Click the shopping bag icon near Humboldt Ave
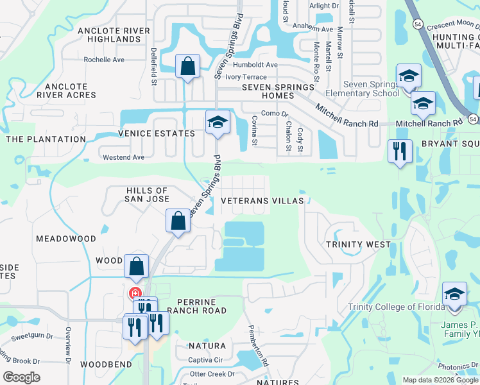187,66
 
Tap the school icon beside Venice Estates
218,122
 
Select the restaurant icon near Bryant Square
400,151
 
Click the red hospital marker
135,294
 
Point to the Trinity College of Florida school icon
454,295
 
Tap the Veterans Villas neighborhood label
262,201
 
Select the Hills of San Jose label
138,195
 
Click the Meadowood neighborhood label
65,238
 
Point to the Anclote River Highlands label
114,35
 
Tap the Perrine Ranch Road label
197,306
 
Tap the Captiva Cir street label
205,360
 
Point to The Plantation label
46,139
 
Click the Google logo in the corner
21,377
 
